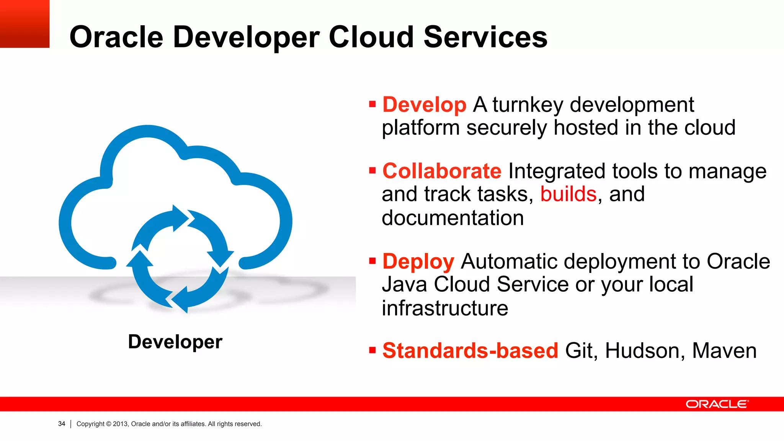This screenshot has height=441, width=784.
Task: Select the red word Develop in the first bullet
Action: pos(424,105)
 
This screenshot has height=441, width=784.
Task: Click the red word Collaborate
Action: pos(442,171)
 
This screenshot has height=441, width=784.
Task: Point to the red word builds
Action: pos(568,194)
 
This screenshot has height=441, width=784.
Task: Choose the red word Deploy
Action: pos(418,261)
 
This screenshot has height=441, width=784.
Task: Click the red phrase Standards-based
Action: pos(470,350)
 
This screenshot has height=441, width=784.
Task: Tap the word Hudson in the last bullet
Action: pos(645,351)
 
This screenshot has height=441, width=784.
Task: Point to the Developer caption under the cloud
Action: pos(175,341)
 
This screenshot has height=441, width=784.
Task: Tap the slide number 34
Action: pos(62,424)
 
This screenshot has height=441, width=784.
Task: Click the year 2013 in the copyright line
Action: pos(120,424)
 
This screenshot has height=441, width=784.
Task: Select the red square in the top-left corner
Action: pos(24,24)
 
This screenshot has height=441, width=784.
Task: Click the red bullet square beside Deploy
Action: pos(372,261)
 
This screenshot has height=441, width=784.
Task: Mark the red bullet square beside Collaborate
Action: pos(372,170)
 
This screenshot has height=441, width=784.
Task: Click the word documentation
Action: pos(452,218)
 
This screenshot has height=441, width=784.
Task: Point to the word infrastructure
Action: pos(445,308)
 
